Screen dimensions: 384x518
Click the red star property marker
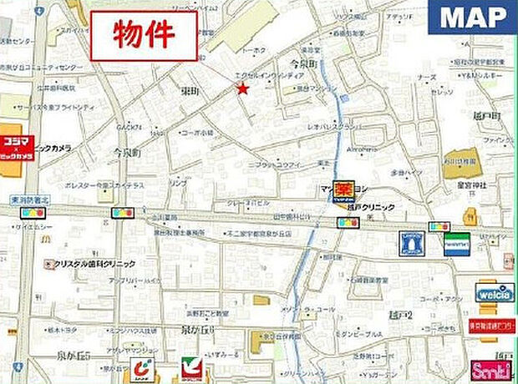pyautogui.click(x=242, y=88)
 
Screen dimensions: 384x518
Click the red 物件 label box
pyautogui.click(x=144, y=35)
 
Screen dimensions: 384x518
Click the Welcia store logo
pyautogui.click(x=495, y=293)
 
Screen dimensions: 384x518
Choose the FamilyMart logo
pyautogui.click(x=456, y=243)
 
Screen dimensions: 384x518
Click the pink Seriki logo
pyautogui.click(x=492, y=368)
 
